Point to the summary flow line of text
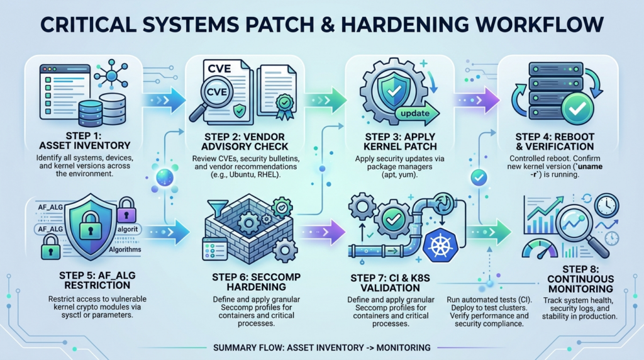(321, 347)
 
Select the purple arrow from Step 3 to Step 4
(472, 99)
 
